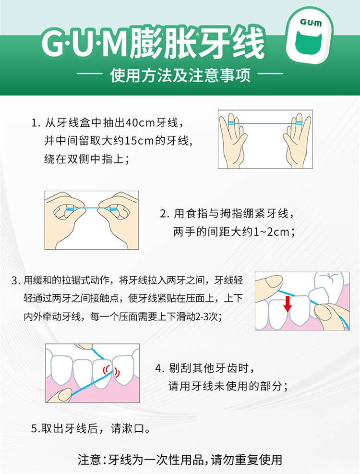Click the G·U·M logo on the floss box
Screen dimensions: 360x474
[x=311, y=23]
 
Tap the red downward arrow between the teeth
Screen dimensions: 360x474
[x=288, y=304]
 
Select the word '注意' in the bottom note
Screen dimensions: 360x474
[x=89, y=460]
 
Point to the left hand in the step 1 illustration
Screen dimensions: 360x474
[x=233, y=141]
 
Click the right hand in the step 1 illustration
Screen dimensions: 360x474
[x=297, y=141]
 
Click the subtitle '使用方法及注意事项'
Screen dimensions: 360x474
[x=180, y=75]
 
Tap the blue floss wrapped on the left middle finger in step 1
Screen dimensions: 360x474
[x=231, y=123]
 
